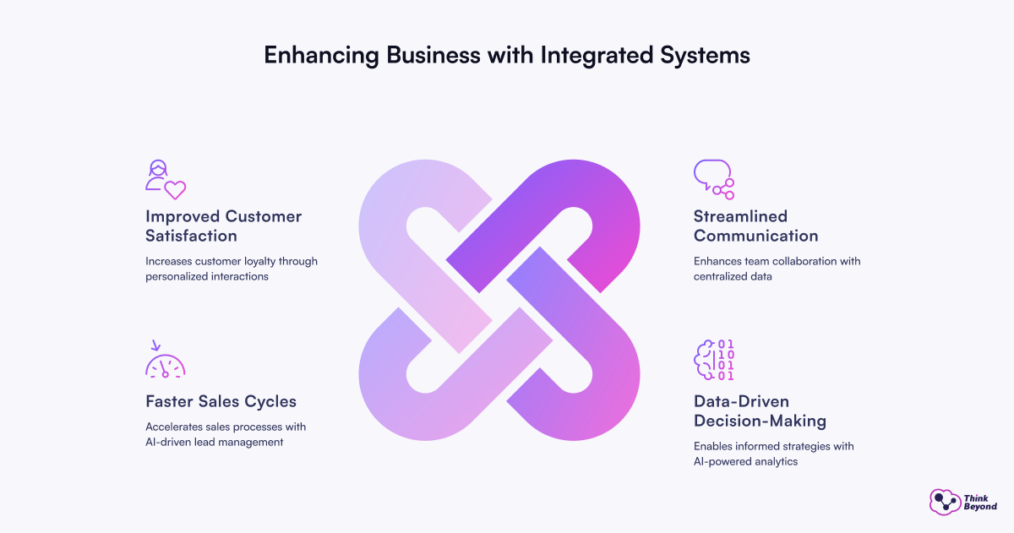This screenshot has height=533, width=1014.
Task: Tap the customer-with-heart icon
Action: (165, 179)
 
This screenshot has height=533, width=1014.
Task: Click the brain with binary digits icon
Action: (713, 362)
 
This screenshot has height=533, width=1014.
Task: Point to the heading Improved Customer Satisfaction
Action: (223, 226)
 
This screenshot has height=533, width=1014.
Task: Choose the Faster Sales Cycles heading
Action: (221, 401)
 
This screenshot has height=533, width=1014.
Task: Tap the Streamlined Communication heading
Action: (755, 226)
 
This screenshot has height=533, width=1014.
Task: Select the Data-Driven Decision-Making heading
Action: (760, 411)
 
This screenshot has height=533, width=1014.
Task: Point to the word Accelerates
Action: (177, 426)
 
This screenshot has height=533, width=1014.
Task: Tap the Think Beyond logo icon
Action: (945, 503)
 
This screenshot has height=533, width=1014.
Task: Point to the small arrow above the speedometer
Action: (155, 345)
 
